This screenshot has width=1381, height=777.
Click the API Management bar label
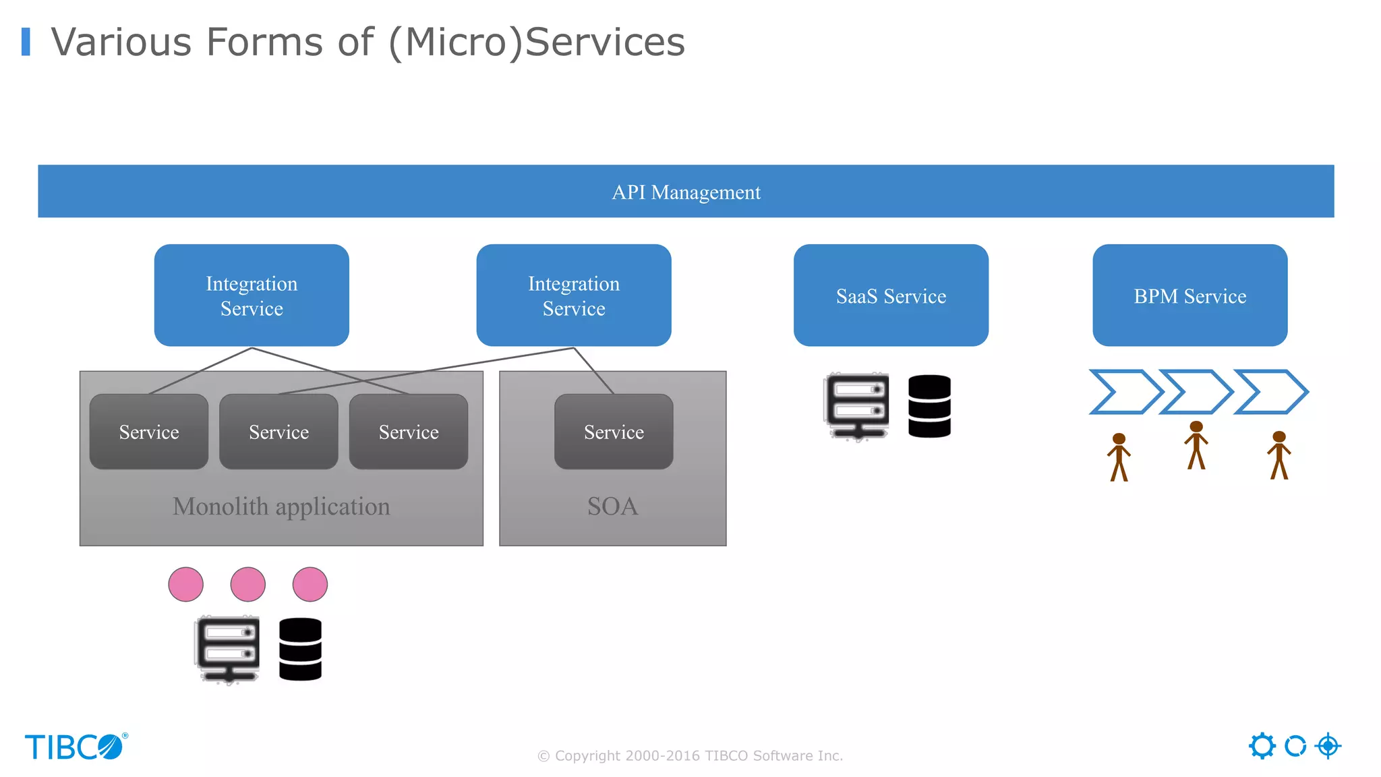[x=686, y=192]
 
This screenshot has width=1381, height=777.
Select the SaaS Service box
[x=891, y=295]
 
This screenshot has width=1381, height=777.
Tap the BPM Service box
[x=1189, y=295]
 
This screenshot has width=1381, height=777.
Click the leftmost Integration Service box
[x=252, y=295]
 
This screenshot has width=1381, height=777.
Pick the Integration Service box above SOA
[x=573, y=295]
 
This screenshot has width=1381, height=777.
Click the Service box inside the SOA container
[x=614, y=432]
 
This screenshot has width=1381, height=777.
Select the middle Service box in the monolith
[x=278, y=432]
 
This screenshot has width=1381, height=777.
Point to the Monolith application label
[x=281, y=507]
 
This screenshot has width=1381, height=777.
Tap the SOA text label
[x=612, y=507]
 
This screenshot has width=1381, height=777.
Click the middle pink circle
[x=247, y=584]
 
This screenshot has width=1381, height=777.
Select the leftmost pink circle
[x=185, y=584]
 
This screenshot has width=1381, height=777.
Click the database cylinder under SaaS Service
[x=929, y=406]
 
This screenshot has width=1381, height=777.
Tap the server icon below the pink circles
[x=228, y=649]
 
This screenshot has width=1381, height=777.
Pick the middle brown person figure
[x=1196, y=445]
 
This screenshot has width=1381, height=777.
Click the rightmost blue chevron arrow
[x=1270, y=391]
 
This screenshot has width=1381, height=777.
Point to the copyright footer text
[x=690, y=755]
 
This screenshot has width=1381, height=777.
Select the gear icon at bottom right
[x=1262, y=746]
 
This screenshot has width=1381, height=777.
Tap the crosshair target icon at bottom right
[x=1328, y=746]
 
